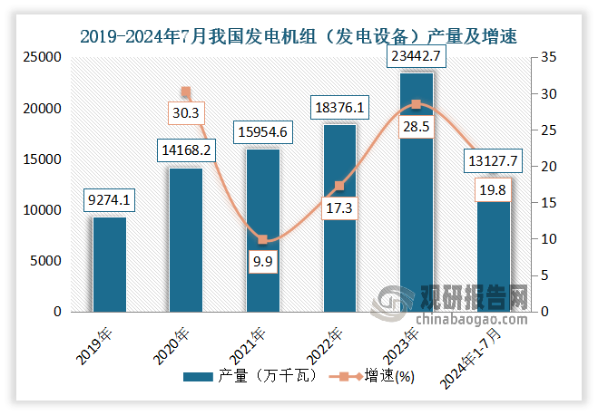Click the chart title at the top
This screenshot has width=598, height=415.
click(x=299, y=37)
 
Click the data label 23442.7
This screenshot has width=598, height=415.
click(x=417, y=57)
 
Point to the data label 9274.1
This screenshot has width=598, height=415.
click(x=109, y=198)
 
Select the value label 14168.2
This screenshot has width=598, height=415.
click(x=185, y=149)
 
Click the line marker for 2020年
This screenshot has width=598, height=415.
click(x=185, y=92)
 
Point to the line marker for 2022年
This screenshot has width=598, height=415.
click(x=339, y=186)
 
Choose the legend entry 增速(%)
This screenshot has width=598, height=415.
click(x=373, y=377)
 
